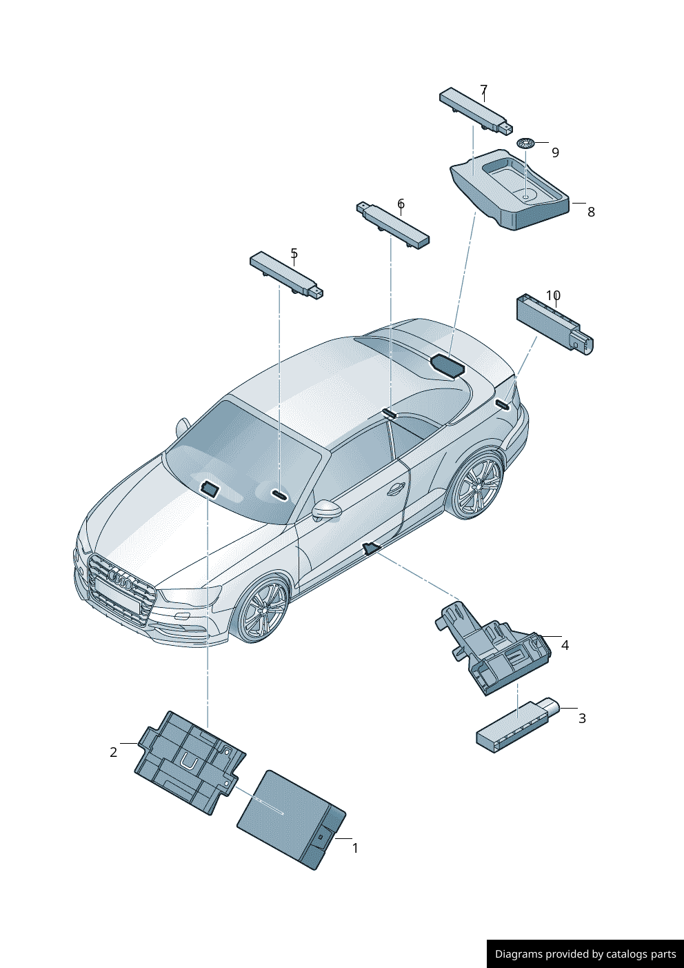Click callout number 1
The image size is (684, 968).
[x=355, y=849]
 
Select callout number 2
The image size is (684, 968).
[x=114, y=752]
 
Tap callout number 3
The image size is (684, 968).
[x=582, y=718]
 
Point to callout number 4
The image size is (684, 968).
[x=565, y=645]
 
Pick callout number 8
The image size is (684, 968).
[x=591, y=212]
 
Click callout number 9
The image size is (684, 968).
[x=555, y=152]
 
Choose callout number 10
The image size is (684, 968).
[x=554, y=295]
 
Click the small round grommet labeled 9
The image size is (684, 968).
[x=526, y=143]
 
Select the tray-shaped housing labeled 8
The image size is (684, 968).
[x=510, y=190]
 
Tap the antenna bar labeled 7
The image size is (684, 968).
[x=476, y=110]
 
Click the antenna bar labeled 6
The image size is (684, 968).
[x=393, y=226]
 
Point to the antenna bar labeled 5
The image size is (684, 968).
[x=287, y=275]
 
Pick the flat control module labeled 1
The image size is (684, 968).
[x=292, y=820]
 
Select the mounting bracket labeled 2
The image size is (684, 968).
[x=190, y=763]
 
